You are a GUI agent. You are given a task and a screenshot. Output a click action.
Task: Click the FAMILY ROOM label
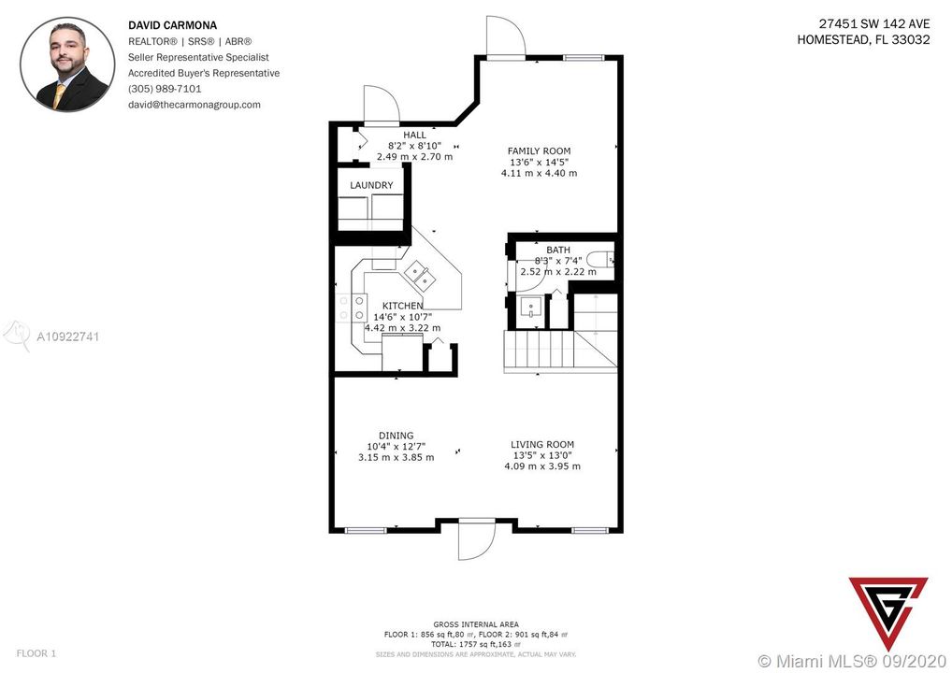tap(540, 151)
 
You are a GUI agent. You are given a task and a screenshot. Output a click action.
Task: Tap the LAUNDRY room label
tap(371, 185)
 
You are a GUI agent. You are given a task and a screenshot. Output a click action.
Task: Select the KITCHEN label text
tap(402, 306)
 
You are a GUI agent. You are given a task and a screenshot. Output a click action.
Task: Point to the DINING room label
tap(396, 436)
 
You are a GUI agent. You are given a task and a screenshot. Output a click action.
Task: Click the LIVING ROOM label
tap(542, 445)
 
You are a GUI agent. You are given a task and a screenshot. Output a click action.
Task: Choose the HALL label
tap(414, 135)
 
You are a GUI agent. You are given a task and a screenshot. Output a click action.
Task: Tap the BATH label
tap(558, 250)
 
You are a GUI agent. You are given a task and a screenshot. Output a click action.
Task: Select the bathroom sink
tap(531, 308)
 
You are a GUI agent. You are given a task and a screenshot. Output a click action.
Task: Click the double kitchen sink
tap(420, 275)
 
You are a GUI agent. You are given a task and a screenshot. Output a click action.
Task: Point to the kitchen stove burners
tap(353, 308)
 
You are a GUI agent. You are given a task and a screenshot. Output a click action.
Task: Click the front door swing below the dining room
tap(477, 539)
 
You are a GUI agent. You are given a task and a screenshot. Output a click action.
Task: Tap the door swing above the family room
tap(506, 36)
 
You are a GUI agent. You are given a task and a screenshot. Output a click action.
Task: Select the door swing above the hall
tap(382, 105)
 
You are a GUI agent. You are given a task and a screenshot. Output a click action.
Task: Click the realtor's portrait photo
tap(67, 64)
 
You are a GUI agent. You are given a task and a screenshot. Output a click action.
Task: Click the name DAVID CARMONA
tap(172, 25)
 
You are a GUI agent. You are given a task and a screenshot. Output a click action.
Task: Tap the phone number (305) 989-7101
tap(165, 89)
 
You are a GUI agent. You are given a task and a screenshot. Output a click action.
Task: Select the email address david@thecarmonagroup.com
tap(195, 105)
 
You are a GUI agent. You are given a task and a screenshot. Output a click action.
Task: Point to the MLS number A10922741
tap(68, 336)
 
